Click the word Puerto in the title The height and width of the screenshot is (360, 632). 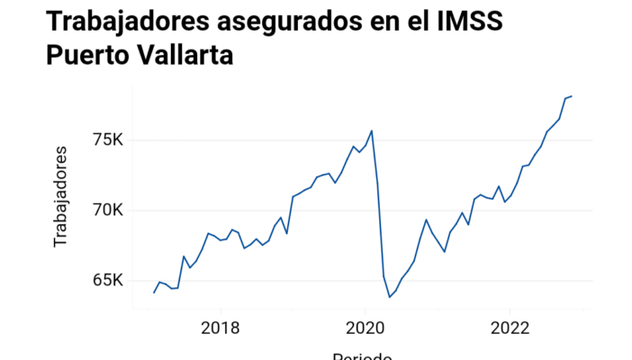coord(91,55)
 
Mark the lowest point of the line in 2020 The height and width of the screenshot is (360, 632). coord(390,297)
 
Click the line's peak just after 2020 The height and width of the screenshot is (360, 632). coord(372,130)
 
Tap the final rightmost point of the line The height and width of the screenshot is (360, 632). coord(572,96)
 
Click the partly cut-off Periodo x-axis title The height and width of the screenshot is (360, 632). coord(362,355)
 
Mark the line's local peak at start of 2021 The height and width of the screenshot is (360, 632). coord(426,220)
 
